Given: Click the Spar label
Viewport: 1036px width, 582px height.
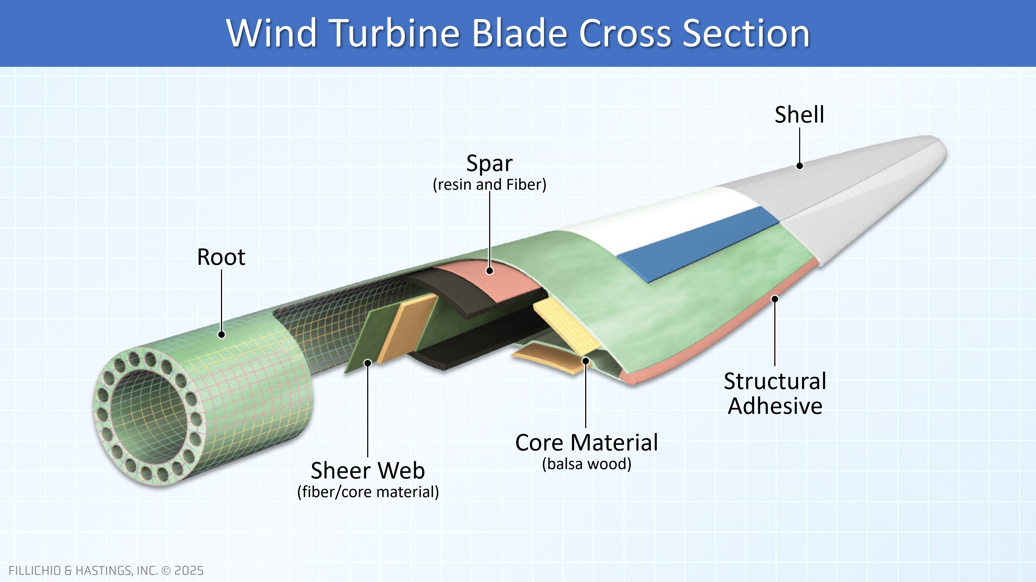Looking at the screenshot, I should (489, 164).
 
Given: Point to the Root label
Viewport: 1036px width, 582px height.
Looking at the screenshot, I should (221, 257).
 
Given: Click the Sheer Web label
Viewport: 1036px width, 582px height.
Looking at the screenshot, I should (367, 470).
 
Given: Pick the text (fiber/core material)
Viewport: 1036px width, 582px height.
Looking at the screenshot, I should (367, 492).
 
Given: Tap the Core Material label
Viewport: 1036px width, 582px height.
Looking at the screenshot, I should (586, 443).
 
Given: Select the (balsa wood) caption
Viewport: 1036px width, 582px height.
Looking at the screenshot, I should (586, 464).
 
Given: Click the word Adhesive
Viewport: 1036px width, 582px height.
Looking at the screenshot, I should (775, 406).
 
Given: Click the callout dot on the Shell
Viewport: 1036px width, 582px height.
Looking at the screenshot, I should (799, 165).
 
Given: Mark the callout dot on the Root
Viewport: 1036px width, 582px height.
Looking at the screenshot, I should (221, 334).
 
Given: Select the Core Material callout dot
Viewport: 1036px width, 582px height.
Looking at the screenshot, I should (586, 361).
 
